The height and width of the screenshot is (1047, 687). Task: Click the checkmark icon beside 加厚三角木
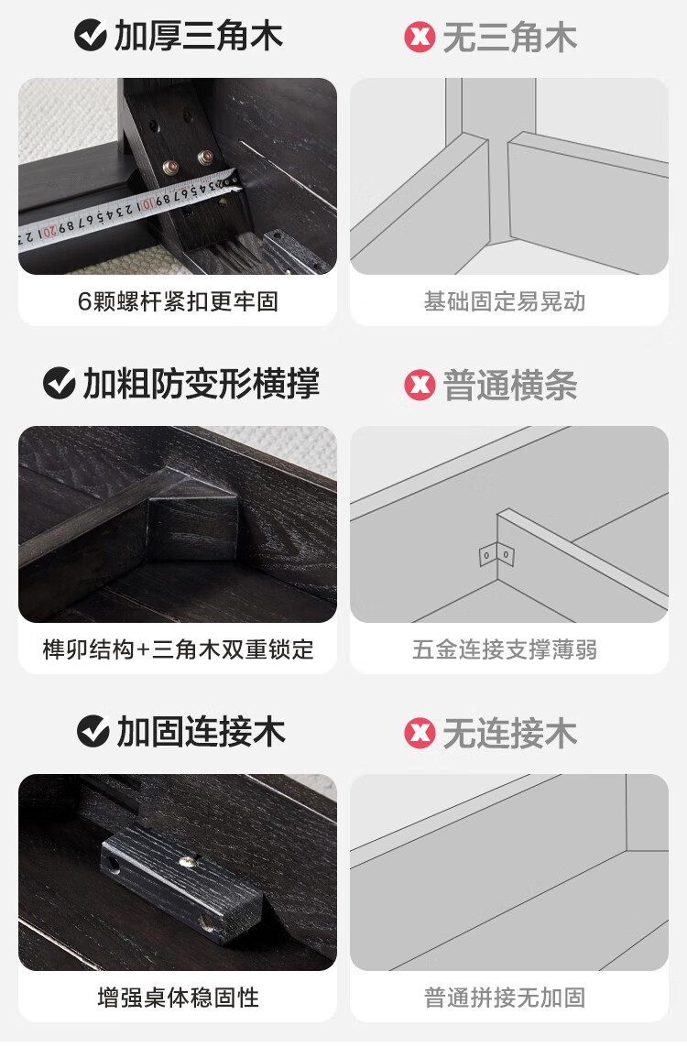tap(90, 36)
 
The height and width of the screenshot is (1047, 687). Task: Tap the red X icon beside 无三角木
tap(420, 38)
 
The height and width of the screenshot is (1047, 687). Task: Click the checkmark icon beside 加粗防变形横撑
tap(59, 383)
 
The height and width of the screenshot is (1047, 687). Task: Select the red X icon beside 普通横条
tap(420, 386)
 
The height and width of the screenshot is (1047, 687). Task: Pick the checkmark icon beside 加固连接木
tap(93, 731)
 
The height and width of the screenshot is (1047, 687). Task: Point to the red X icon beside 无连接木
tap(420, 733)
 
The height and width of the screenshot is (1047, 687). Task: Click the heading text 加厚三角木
tap(199, 36)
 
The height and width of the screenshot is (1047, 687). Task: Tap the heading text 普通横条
tap(511, 386)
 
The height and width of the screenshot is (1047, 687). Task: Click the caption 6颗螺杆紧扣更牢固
tap(178, 301)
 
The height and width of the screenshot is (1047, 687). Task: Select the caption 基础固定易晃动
tap(505, 301)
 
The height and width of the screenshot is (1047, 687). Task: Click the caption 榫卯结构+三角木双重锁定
tap(178, 649)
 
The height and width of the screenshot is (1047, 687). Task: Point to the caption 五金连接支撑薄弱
tap(505, 649)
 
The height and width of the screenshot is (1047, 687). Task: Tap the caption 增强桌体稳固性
tap(178, 998)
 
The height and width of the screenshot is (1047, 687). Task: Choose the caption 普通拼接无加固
tap(505, 998)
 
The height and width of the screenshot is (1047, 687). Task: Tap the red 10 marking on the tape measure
tap(146, 204)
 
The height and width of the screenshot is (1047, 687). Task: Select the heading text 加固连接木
tap(202, 731)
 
